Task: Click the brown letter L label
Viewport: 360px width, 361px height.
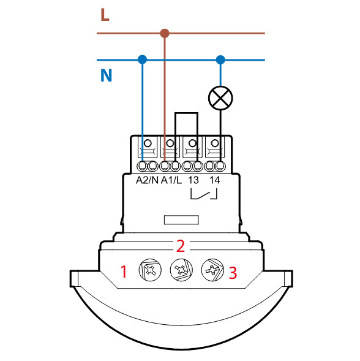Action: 105,15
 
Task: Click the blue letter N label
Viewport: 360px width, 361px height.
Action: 107,75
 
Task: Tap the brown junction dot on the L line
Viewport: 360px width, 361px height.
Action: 165,33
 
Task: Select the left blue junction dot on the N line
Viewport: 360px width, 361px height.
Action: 143,59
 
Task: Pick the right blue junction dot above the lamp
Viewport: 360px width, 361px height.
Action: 220,60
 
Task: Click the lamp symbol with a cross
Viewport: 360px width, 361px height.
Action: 220,98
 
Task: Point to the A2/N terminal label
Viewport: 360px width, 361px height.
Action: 147,180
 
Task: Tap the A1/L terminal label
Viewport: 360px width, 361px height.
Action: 171,180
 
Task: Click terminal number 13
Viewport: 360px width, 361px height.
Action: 193,180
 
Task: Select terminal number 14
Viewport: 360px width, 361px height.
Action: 215,180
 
